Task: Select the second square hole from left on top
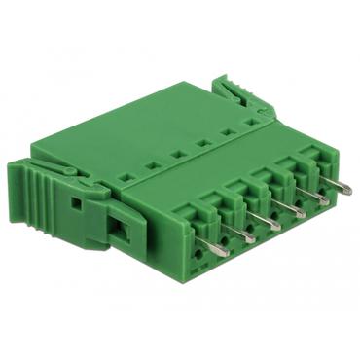tap(153, 165)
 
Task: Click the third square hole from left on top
tap(178, 154)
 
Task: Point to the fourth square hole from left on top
tap(202, 143)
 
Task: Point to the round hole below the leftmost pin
tap(200, 265)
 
